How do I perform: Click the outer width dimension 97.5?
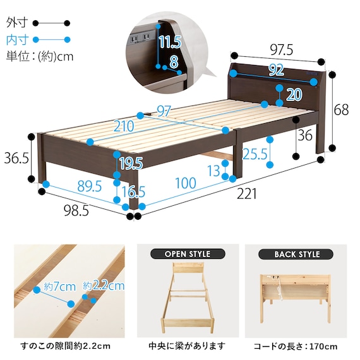pos(281,50)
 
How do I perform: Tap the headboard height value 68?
pos(341,109)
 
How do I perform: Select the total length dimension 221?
pos(246,194)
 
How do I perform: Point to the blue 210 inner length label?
pos(124,126)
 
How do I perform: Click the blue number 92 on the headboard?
pos(276,70)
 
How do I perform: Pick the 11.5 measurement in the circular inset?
pos(171,42)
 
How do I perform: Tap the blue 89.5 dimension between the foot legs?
pos(89,186)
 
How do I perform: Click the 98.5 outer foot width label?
pos(76,210)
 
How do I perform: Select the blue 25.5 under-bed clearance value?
pos(255,154)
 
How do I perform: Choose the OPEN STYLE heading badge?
pos(188,254)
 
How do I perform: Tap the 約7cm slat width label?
pos(60,287)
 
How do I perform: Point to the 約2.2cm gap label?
pos(104,286)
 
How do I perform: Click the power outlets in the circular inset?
pos(140,38)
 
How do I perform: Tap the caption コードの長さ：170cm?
pos(296,346)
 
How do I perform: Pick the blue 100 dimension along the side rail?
pos(186,183)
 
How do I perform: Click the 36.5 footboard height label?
pos(16,159)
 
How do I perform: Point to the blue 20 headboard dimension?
pos(294,94)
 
